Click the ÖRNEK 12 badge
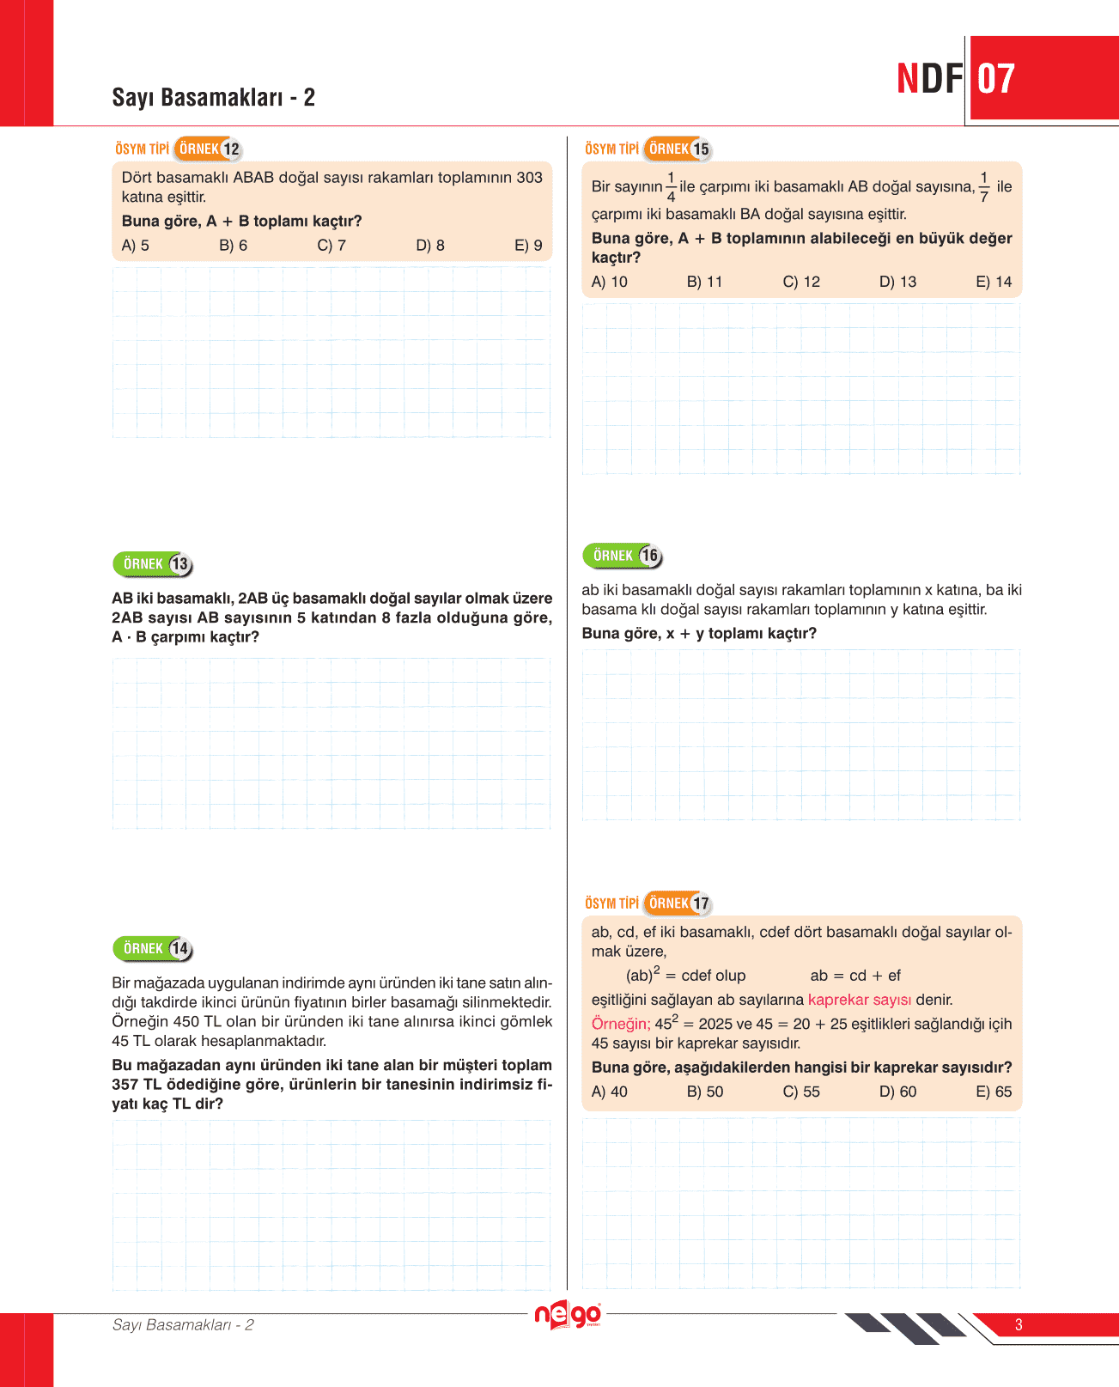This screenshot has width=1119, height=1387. coord(208,149)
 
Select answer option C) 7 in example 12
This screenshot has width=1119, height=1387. coord(331,246)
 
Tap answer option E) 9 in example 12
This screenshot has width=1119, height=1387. coord(528,246)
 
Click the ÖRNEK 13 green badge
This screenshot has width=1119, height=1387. coord(153,564)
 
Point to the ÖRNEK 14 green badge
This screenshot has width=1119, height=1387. coord(153,949)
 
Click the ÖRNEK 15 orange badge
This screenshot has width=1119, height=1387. coord(678,149)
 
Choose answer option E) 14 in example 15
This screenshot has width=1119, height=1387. coord(994,282)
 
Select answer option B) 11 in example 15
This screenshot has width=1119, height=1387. coord(704,282)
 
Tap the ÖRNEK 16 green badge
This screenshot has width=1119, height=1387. coord(623,556)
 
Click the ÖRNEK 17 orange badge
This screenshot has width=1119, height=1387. coord(678,903)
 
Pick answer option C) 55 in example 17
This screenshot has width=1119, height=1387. coord(801,1092)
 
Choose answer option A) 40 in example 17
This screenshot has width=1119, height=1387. coord(610,1092)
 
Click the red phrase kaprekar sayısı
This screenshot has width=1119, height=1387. coord(860,1000)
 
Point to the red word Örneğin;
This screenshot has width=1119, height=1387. coord(621,1024)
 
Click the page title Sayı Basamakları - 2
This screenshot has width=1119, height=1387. coord(213,98)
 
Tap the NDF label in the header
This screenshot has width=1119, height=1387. coord(930,79)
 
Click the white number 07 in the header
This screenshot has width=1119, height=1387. coord(996,79)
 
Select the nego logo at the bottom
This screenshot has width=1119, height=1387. coord(568,1316)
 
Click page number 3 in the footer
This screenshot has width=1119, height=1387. coord(1019,1324)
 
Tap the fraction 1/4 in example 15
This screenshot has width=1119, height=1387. coord(671,187)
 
